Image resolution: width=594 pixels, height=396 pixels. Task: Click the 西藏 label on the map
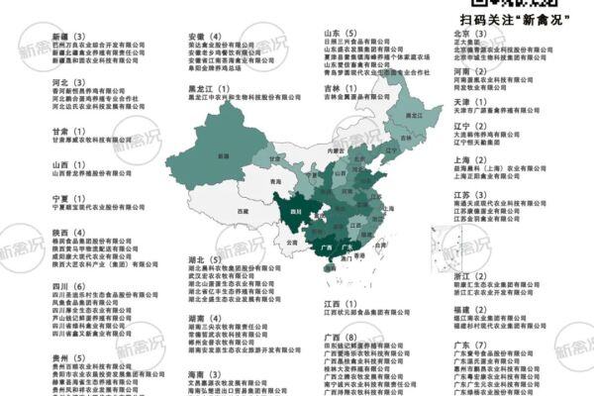[x=234, y=212]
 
